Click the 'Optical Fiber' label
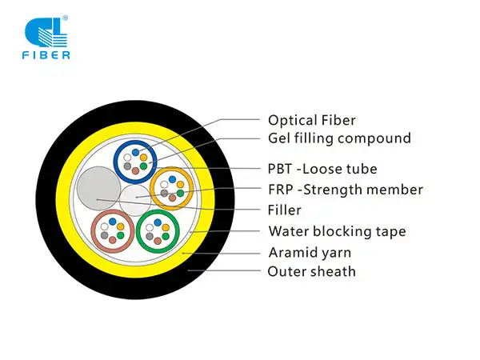point(311,120)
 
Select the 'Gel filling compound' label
point(339,138)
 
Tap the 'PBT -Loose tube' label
point(322,169)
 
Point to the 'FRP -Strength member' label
point(345,190)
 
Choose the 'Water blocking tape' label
point(337,232)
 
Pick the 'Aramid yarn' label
point(310,253)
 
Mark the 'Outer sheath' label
point(311,272)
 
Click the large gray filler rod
point(96,190)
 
